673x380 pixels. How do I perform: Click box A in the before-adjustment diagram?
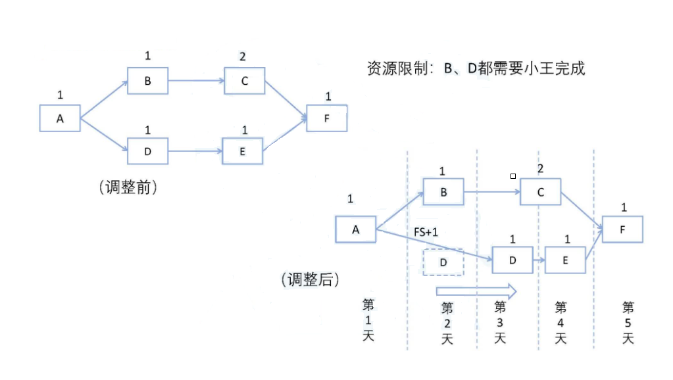[60, 118]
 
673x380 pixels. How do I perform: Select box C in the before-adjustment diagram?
[243, 81]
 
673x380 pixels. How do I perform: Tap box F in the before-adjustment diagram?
[327, 118]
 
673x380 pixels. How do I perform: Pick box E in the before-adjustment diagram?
[243, 151]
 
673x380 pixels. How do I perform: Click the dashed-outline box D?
[443, 262]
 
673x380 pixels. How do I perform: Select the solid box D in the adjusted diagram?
[512, 260]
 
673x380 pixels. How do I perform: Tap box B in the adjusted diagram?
[443, 193]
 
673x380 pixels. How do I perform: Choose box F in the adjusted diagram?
[622, 229]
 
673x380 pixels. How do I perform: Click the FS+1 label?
[426, 233]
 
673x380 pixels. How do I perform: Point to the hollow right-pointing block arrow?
[476, 290]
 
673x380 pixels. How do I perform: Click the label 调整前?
[128, 187]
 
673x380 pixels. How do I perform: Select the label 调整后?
[310, 280]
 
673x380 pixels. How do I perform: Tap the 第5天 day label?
[628, 322]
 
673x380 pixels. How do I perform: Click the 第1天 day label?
[368, 320]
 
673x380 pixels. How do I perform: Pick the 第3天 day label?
[500, 322]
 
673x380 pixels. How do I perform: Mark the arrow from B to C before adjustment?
[196, 81]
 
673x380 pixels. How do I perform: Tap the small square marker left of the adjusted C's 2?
[513, 176]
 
